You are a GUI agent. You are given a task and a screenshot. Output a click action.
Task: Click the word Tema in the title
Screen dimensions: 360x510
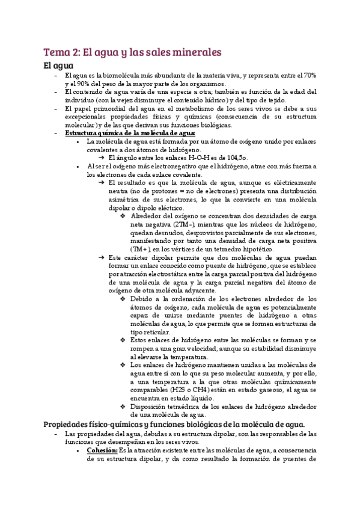(x=57, y=53)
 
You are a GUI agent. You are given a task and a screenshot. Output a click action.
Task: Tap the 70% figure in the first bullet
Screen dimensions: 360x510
(x=310, y=75)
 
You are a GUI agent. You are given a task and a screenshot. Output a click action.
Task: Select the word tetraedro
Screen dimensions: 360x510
(x=235, y=249)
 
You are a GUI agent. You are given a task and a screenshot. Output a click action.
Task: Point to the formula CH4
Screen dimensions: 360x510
(x=213, y=389)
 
